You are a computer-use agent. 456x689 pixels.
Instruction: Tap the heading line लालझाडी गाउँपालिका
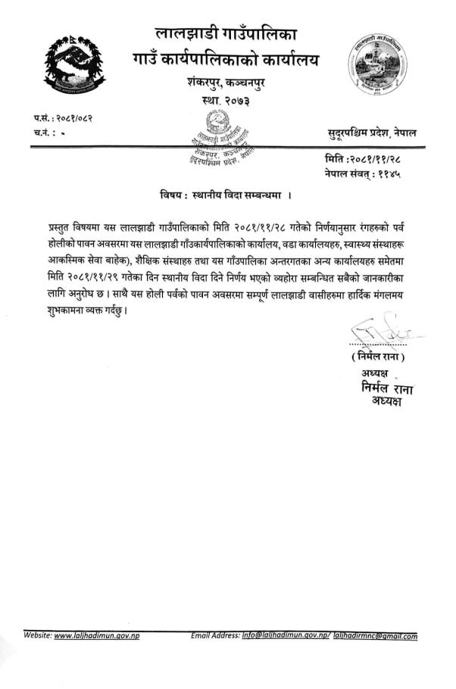pos(226,33)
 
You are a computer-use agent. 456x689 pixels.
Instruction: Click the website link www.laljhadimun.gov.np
pos(98,636)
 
